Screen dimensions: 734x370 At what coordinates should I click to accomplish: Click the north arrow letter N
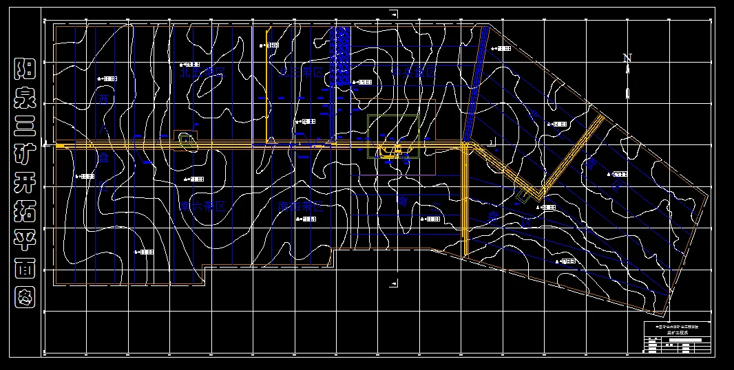(627, 59)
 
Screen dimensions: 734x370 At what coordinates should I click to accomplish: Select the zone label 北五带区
(202, 72)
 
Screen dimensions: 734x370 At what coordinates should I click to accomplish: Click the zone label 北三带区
(301, 72)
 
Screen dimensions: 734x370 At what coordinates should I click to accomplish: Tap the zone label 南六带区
(202, 206)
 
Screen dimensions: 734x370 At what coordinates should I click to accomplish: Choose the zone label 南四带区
(301, 206)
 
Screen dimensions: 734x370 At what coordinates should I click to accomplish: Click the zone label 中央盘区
(414, 72)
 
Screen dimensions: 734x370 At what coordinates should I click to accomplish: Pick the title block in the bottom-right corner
(675, 338)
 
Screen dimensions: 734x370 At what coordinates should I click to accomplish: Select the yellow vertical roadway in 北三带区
(267, 86)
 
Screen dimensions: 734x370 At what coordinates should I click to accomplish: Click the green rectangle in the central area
(393, 136)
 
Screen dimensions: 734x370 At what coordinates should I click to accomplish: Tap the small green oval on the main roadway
(187, 140)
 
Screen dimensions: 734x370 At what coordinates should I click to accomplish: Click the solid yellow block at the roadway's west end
(60, 146)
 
